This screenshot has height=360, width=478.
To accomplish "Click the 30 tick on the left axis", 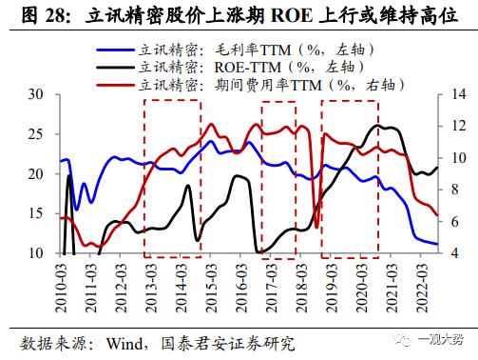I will pyautogui.click(x=35, y=94).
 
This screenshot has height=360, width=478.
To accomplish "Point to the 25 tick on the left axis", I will pyautogui.click(x=35, y=134).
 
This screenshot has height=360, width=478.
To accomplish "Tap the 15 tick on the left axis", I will pyautogui.click(x=35, y=213).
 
